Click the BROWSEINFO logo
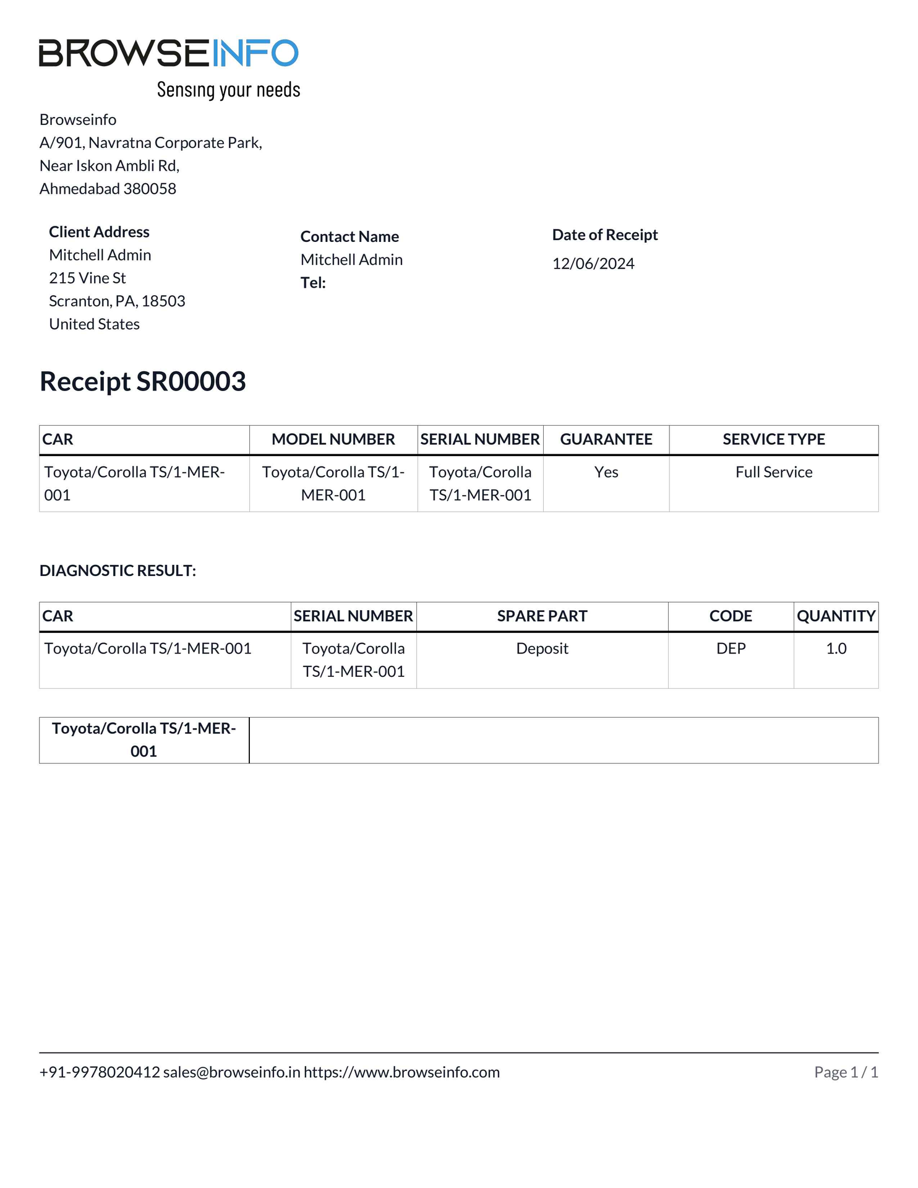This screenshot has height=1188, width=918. tap(168, 53)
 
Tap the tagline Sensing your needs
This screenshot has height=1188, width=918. tap(228, 90)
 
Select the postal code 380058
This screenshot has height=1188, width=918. tap(150, 189)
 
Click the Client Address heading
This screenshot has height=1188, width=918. tap(99, 232)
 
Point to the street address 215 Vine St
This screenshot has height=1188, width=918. tap(87, 278)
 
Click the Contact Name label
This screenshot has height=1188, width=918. tap(350, 236)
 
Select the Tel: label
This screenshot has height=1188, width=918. tap(313, 283)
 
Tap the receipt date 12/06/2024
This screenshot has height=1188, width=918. tap(593, 264)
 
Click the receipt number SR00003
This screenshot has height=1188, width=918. tap(191, 381)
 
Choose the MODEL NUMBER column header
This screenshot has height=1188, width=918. tap(333, 439)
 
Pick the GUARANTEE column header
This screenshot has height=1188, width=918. tap(606, 439)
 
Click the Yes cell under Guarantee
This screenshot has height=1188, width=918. tap(606, 472)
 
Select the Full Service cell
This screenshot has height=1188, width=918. tap(774, 472)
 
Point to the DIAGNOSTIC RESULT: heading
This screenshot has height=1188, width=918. tap(118, 570)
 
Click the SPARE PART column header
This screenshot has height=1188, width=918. tap(542, 616)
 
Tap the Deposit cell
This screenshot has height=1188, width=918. tap(542, 648)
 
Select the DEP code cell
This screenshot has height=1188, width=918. tap(731, 648)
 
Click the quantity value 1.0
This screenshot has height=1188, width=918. tap(836, 648)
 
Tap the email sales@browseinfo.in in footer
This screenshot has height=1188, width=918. tap(231, 1072)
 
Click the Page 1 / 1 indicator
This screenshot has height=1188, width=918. tap(846, 1072)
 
